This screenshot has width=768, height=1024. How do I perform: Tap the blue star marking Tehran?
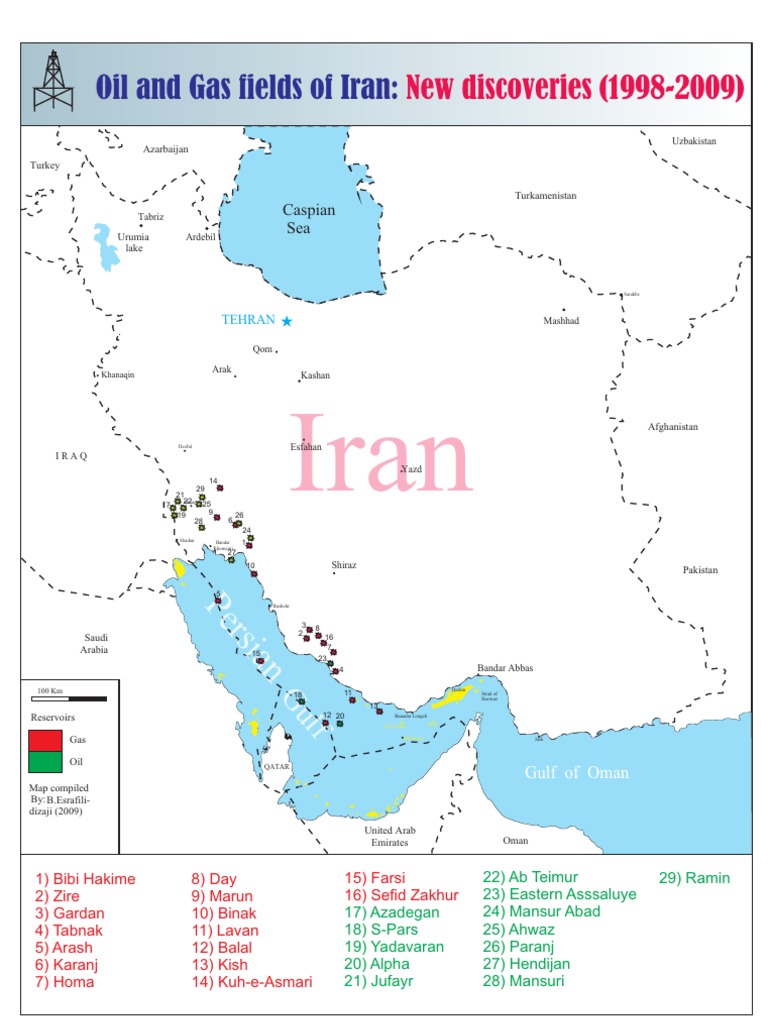(x=287, y=321)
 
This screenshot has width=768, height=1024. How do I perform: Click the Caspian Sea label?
(x=308, y=219)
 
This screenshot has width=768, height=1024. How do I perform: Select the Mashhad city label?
(x=561, y=321)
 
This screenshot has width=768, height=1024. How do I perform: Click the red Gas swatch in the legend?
(x=43, y=740)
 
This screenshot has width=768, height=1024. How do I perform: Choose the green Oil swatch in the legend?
(x=43, y=761)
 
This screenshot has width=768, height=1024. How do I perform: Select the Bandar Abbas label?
(x=505, y=667)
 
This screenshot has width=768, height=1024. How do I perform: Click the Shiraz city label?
(x=344, y=565)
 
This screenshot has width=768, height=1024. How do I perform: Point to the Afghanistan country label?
(x=672, y=427)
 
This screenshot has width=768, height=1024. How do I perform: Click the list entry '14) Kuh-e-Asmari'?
(x=251, y=982)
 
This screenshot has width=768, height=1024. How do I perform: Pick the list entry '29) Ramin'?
(x=694, y=878)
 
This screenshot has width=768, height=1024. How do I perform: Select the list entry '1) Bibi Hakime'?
(x=84, y=879)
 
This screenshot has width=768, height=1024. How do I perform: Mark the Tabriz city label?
(x=151, y=216)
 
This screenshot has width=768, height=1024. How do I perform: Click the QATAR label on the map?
(x=276, y=765)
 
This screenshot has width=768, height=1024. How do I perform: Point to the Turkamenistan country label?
(x=546, y=196)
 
